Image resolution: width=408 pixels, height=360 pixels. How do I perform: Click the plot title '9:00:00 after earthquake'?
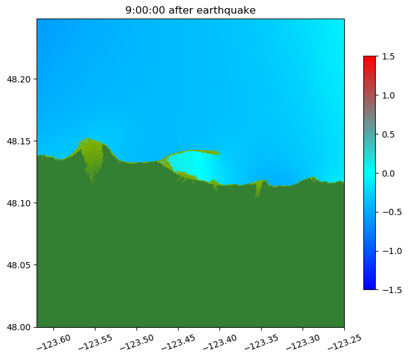(190, 10)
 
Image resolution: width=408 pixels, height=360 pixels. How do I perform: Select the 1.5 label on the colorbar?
(388, 56)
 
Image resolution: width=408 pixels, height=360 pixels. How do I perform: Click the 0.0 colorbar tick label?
(388, 173)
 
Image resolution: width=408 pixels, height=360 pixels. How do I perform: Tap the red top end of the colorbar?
(370, 58)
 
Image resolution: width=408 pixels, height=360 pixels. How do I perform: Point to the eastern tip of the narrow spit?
(218, 153)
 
